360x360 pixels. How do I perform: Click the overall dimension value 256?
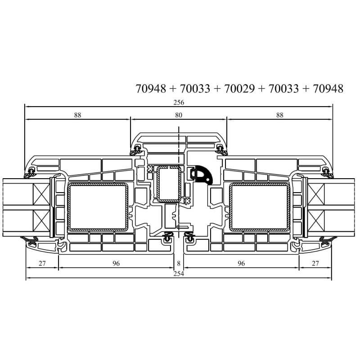point(179,102)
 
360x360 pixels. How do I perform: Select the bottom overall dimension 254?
point(179,274)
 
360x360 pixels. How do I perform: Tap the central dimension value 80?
point(179,115)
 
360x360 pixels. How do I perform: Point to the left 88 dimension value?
point(77,115)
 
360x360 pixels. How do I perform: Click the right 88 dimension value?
point(279,115)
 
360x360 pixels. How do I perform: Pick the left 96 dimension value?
point(116,263)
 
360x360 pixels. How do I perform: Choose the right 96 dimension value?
point(241,263)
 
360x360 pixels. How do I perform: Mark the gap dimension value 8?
point(179,263)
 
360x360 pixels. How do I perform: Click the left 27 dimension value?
point(42,263)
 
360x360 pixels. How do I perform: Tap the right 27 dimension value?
point(315,263)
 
